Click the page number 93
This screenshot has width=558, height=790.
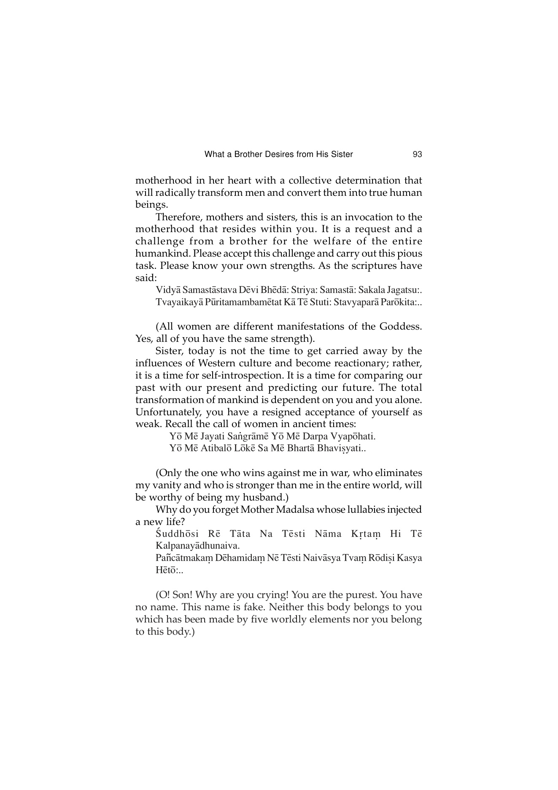[x=417, y=154]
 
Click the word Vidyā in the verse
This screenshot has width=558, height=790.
[x=168, y=290]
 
